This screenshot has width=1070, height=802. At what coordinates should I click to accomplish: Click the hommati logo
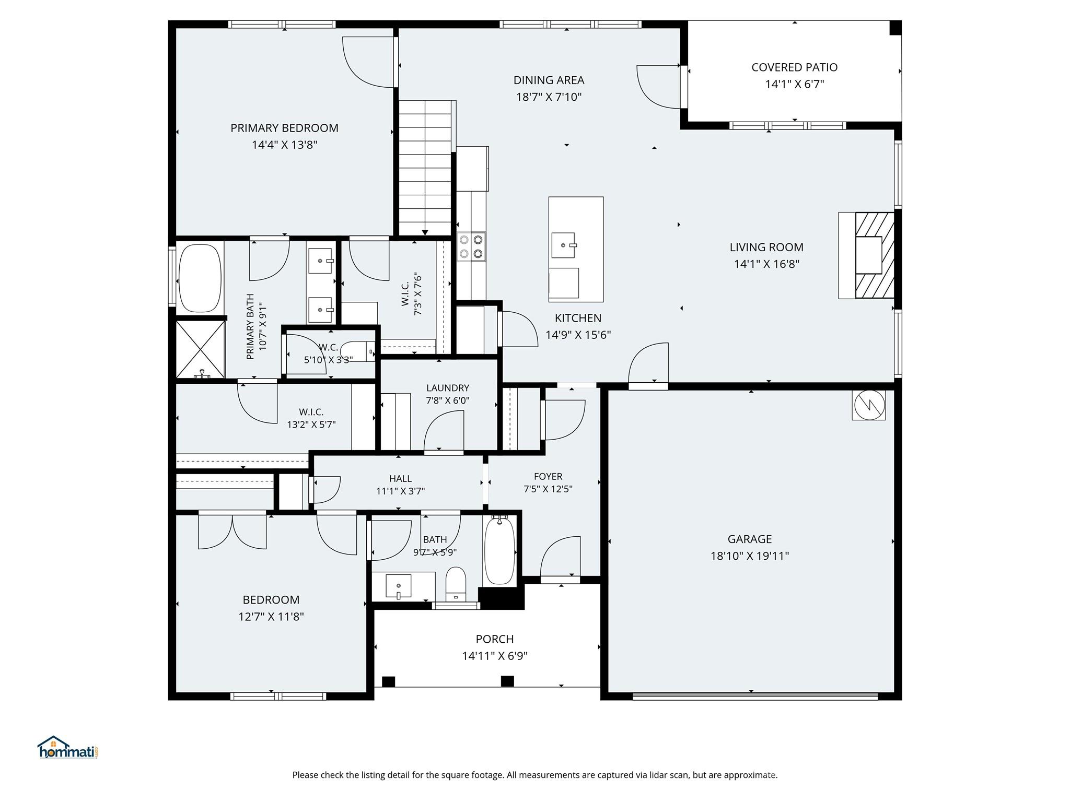point(67,748)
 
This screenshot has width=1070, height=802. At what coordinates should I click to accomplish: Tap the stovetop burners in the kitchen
point(471,246)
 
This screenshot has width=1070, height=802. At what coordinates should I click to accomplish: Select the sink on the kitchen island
point(563,245)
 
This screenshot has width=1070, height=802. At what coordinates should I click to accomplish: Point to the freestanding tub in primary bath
point(200,278)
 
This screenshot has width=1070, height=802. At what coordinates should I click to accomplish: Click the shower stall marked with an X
point(200,349)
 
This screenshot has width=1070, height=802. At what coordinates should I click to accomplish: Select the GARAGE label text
point(749,539)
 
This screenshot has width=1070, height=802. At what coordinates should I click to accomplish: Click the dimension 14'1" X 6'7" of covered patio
point(794,84)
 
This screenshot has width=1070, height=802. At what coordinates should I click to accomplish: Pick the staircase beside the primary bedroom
point(425,167)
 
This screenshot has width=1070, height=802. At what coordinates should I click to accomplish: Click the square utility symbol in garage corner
point(868,405)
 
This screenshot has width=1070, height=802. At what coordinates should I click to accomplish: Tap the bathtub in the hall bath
point(499,551)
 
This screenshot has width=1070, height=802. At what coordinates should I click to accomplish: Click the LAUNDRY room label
point(448,388)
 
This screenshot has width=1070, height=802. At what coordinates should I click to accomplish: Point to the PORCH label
point(494,639)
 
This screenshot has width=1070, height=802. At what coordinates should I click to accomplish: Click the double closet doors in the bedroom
point(232,532)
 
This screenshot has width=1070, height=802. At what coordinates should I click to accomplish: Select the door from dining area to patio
point(659,86)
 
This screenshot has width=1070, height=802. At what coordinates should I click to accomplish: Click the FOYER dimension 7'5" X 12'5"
point(548,489)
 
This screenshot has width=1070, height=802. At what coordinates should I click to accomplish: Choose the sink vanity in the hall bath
point(399,585)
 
